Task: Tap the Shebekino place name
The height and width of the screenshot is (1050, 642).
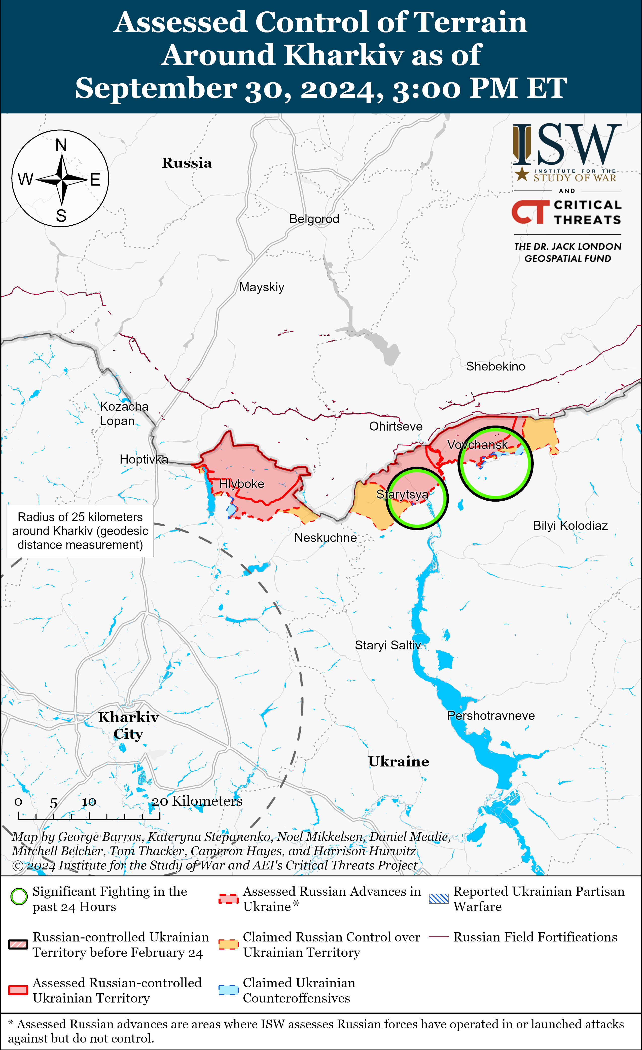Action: coord(495,366)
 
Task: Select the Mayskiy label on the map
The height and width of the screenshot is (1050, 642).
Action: coord(262,287)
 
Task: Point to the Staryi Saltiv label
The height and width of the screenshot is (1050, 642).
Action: coord(388,645)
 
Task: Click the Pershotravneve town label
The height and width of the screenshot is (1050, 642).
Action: coord(491,715)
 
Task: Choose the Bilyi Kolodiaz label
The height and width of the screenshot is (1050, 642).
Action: coord(570,526)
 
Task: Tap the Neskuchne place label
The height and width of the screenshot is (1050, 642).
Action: coord(326,538)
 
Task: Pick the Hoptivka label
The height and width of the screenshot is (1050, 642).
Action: coord(144,459)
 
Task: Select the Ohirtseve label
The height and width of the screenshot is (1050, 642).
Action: coord(396,427)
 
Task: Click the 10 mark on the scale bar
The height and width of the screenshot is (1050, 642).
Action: coord(89,802)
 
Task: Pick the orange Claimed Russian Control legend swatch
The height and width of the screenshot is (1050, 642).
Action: coord(228,944)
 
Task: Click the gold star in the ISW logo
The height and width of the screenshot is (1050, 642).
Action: coord(522,174)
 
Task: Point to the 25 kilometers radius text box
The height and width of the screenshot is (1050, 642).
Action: coord(80,531)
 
